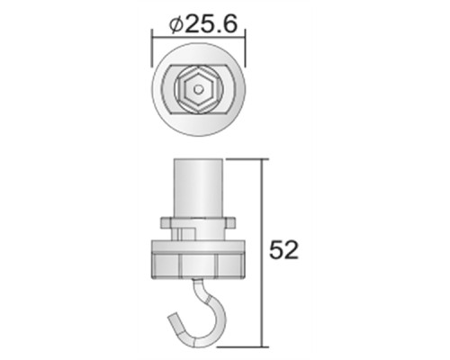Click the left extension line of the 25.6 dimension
coord(150,45)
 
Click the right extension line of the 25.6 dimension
coord(245,45)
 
